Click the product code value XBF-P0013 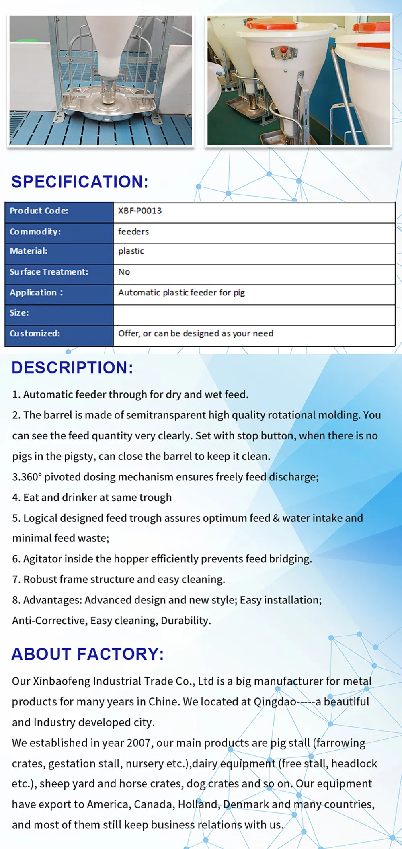(140, 211)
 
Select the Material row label (29, 251)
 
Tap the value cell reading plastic (131, 251)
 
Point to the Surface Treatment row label (49, 272)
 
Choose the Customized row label (35, 334)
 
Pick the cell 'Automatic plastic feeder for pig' (181, 293)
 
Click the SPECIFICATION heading (80, 182)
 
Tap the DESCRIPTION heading (72, 368)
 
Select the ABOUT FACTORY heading (88, 654)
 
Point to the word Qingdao (275, 702)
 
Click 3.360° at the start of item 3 (27, 477)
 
